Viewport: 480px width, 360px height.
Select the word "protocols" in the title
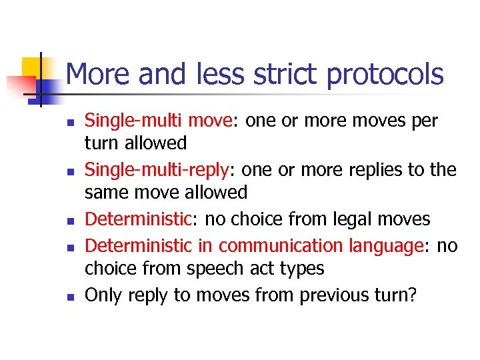tap(385, 74)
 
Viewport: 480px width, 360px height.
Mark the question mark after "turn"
tap(410, 295)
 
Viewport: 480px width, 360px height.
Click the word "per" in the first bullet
tap(423, 121)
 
